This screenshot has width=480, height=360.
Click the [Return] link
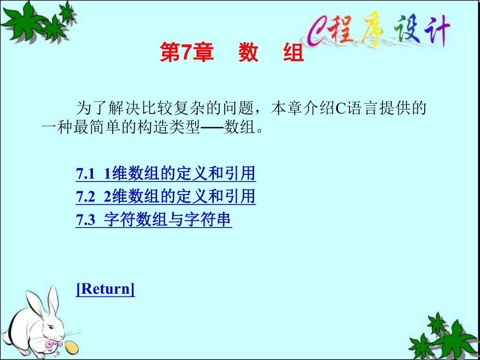coord(105,289)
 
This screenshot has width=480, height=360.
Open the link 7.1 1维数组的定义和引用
coord(166,174)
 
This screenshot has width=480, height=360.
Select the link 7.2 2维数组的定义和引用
coord(166,197)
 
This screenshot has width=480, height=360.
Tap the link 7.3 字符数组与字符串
coord(154,220)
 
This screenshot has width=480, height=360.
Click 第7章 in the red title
coord(187,53)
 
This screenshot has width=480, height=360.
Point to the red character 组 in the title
coord(294,53)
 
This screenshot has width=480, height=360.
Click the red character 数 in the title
coord(248,53)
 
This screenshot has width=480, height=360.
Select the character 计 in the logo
coord(437,31)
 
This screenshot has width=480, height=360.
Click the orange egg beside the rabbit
coord(71,347)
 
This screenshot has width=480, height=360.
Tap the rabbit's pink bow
coord(52,345)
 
